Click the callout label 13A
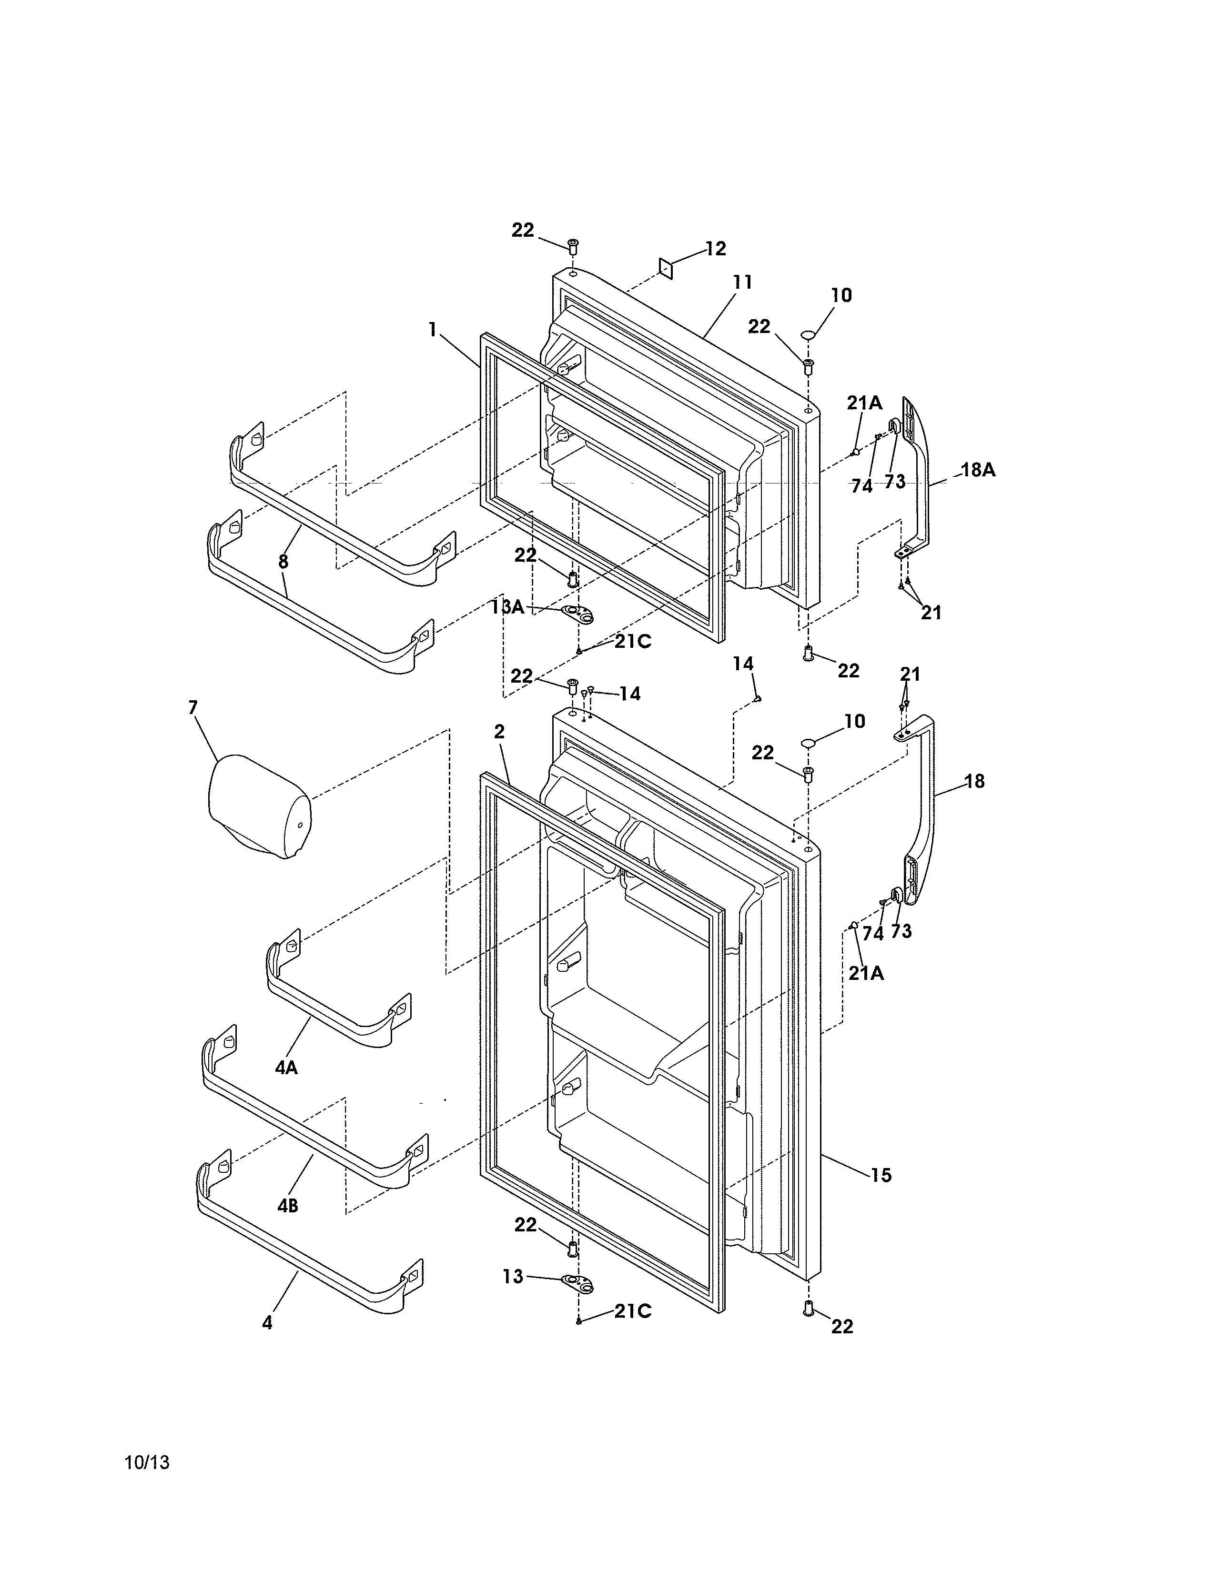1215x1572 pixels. click(x=507, y=607)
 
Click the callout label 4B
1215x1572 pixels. click(x=288, y=1206)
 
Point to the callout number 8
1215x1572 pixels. click(x=283, y=562)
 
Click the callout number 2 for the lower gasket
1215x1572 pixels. click(x=499, y=731)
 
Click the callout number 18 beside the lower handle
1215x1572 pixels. click(x=974, y=781)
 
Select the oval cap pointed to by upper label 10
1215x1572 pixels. click(x=808, y=335)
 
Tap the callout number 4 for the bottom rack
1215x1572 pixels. click(x=267, y=1323)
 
